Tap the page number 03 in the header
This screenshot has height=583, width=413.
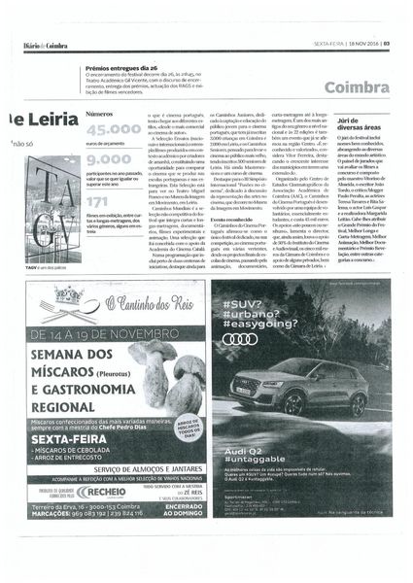(386, 43)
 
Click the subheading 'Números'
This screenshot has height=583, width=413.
(99, 115)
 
